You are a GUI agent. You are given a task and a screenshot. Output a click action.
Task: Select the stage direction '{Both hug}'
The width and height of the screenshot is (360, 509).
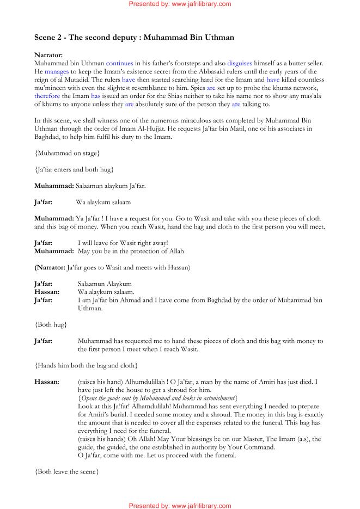click(x=51, y=324)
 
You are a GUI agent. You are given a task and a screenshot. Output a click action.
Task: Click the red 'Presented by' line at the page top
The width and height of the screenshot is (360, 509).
click(x=179, y=4)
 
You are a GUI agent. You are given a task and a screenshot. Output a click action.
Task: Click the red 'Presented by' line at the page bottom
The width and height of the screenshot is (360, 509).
click(x=179, y=505)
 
